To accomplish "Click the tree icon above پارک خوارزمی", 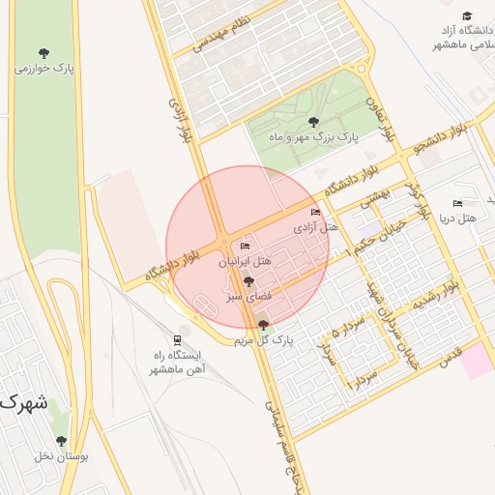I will pos(44,53).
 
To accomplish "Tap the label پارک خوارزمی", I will pos(44,70).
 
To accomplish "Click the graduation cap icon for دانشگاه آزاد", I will pos(467,16).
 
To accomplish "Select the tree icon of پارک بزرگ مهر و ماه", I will pos(312,122).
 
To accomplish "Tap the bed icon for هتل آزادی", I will pos(315,212).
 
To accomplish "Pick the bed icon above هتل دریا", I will pos(457,203).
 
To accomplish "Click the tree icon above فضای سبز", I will pos(248,282).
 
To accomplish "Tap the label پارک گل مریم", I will pos(263,341).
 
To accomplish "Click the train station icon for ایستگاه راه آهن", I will pos(176,339).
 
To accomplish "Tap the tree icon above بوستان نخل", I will pos(61,441).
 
